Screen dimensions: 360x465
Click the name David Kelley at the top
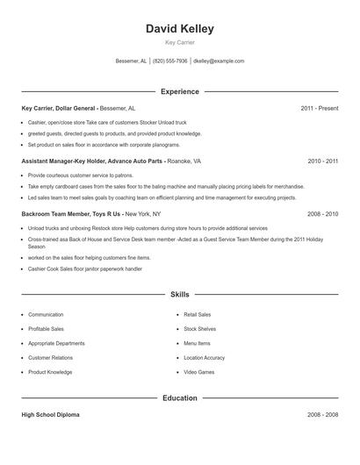click(179, 29)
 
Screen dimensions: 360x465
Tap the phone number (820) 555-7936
click(170, 61)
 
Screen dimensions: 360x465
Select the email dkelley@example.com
click(219, 61)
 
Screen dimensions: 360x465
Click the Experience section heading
click(179, 91)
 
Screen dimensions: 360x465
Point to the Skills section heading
click(179, 295)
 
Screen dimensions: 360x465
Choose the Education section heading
click(179, 397)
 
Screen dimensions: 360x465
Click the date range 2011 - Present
click(319, 108)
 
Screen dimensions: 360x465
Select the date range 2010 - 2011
click(323, 161)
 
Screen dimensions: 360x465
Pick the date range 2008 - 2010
click(323, 213)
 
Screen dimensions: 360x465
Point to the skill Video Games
click(198, 372)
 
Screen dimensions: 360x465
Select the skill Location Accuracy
click(204, 358)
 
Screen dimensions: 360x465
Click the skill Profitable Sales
click(46, 329)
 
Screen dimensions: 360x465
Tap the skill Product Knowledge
click(50, 372)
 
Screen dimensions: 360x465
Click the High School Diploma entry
click(50, 415)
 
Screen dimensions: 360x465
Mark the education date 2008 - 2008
click(323, 415)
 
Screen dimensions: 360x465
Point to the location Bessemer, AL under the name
click(132, 61)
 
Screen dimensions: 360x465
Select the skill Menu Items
click(197, 343)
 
